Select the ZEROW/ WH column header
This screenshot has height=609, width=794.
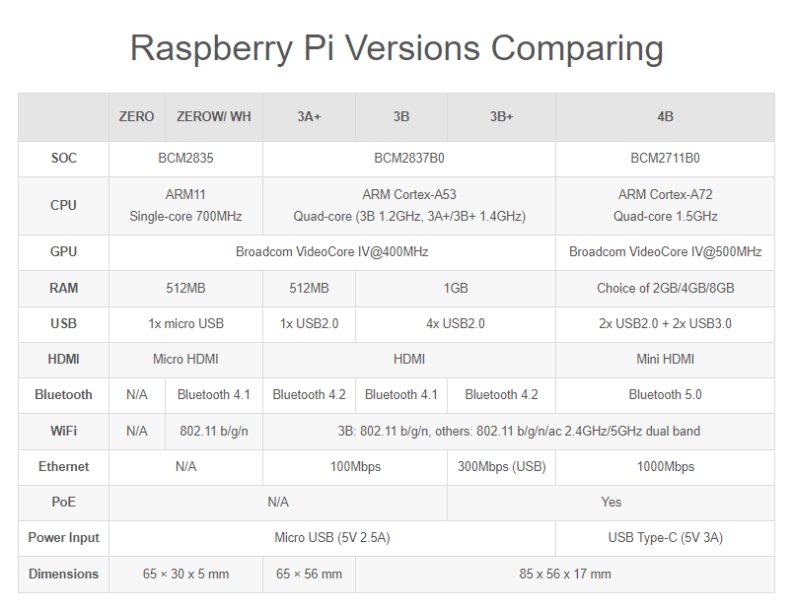coord(214,116)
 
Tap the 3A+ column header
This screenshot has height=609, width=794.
coord(309,116)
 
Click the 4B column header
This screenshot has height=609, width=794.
coord(665,116)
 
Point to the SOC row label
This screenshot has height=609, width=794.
coord(63,158)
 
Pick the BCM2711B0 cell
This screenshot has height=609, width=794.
coord(665,158)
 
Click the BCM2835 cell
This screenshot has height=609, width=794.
coord(185,158)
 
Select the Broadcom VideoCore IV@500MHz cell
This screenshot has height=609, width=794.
coord(665,251)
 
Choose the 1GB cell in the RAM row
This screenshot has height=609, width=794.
coord(455,288)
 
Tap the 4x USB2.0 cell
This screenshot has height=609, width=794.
coord(455,323)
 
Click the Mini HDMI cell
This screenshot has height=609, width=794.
coord(665,359)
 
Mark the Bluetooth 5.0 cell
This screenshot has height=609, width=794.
coord(665,394)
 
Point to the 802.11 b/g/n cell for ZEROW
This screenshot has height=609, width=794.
coord(214,431)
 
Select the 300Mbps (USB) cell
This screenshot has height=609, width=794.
coord(501,466)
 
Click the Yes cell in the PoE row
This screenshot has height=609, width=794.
coord(611,502)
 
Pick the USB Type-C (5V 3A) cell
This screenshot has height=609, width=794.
coord(665,537)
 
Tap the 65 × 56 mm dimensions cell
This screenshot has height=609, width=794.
coord(309,574)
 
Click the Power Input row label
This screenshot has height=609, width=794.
coord(63,537)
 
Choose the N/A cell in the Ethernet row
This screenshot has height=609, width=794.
coord(185,466)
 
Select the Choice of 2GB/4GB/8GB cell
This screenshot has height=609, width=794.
coord(665,288)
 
